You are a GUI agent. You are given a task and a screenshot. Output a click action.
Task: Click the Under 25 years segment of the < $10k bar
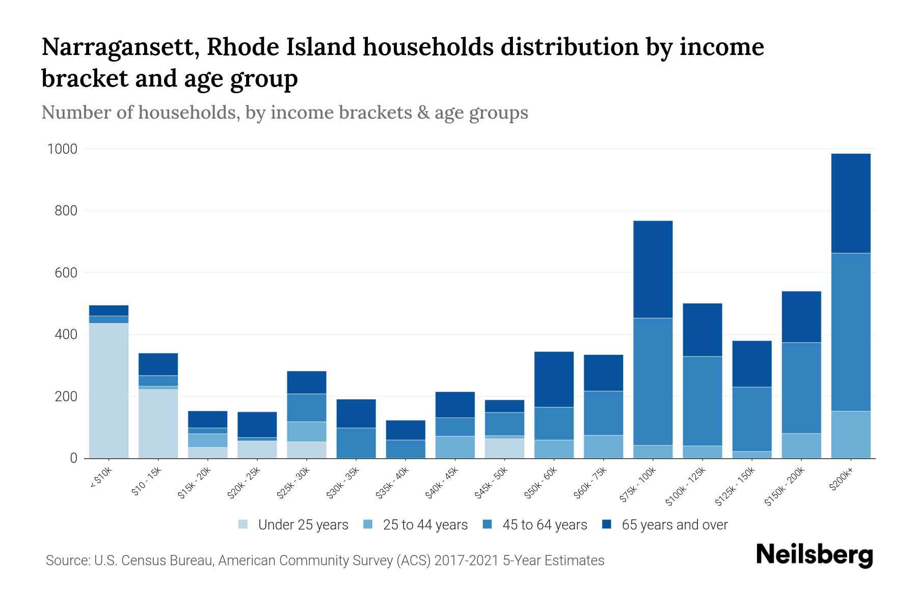point(109,391)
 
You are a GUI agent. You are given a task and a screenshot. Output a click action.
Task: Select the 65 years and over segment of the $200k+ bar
point(850,203)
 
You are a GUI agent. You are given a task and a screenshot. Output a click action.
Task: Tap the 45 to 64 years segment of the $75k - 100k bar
point(653,381)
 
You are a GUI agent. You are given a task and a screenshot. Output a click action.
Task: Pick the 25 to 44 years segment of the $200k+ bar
point(850,434)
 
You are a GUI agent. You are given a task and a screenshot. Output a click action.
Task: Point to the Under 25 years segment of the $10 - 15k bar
point(158,424)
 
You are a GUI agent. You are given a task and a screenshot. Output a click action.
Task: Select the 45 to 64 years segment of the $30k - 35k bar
point(356,442)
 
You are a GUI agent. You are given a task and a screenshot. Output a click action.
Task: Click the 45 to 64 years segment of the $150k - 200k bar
point(801,388)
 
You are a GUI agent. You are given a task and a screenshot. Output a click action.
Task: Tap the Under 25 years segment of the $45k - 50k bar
point(504,448)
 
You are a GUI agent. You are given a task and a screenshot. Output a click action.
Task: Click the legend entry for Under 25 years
point(303,525)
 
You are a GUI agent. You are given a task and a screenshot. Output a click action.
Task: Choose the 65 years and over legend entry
point(674,525)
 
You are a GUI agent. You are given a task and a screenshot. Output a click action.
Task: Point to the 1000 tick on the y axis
point(62,149)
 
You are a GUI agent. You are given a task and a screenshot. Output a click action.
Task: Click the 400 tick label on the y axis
point(66,335)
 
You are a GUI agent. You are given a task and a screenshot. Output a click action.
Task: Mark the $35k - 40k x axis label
point(392,484)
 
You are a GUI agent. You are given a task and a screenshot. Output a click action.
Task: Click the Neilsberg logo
point(814,555)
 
